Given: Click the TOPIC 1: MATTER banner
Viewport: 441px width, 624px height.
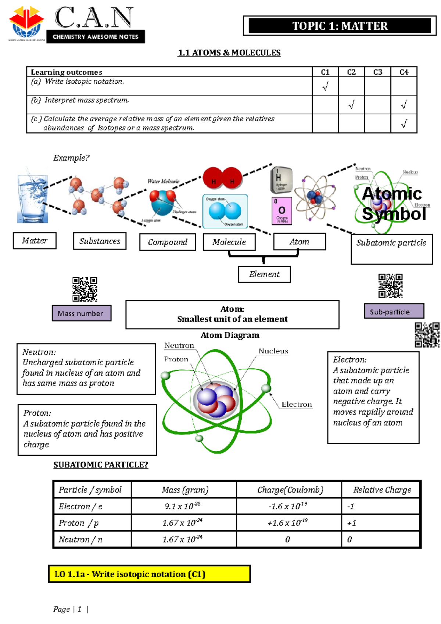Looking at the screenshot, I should [x=340, y=26].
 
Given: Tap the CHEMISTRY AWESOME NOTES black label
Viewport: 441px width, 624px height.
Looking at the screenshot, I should [x=96, y=37].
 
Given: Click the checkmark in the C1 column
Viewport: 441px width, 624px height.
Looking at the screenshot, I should [x=325, y=86].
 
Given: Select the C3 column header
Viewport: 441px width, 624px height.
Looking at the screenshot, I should [x=377, y=72].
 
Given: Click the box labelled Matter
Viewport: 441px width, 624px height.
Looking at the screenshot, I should [x=35, y=241].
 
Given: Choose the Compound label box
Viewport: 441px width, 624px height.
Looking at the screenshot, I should [x=168, y=243].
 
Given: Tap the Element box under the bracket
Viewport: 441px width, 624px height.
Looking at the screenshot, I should [x=264, y=274].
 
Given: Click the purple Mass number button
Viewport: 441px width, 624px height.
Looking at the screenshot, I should [x=82, y=313].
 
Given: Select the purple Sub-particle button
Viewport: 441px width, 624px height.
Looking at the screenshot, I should [x=394, y=312].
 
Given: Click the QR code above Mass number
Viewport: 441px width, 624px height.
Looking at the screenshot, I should [x=85, y=290].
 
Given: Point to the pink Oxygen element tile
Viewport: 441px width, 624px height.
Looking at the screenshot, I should [x=282, y=211].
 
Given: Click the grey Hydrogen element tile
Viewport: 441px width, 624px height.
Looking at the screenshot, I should [x=281, y=180].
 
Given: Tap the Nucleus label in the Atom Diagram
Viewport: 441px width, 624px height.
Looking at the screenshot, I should [x=273, y=351].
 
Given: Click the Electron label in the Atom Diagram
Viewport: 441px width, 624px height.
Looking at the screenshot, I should [x=297, y=404].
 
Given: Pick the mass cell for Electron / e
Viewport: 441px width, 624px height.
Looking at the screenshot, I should [x=183, y=506].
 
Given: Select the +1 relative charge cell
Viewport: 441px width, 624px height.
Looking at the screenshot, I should [x=380, y=523].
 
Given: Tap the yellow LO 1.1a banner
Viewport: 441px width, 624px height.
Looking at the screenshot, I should [x=149, y=574].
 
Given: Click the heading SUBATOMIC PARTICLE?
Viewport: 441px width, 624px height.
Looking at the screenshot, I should [x=101, y=465].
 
